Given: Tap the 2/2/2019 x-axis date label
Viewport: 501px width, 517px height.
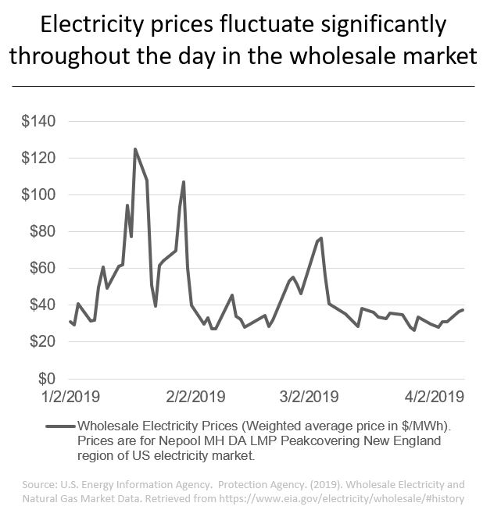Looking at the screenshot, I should (x=196, y=396).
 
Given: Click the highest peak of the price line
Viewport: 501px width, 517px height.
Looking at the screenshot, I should (x=135, y=149).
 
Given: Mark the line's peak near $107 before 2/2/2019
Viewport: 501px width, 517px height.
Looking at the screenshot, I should (x=184, y=182).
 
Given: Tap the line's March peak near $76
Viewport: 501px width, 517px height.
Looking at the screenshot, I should (x=321, y=237).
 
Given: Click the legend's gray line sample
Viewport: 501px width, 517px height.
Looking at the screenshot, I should (x=60, y=426).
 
